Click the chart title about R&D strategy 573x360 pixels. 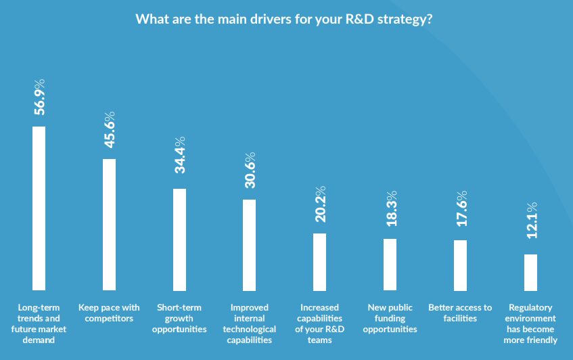tap(284, 19)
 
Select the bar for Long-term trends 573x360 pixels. tap(39, 208)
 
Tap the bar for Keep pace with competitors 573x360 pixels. tap(109, 224)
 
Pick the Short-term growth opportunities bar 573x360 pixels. tap(179, 239)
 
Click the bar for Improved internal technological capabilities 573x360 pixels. tap(249, 244)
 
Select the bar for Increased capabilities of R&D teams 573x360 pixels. tap(319, 261)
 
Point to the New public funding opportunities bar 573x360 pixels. tap(390, 264)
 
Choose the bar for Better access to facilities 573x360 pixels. tap(460, 265)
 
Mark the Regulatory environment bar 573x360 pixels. tap(530, 272)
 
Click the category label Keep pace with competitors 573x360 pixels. tap(109, 313)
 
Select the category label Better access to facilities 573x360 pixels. tap(460, 313)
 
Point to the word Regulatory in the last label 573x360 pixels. tap(530, 307)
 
